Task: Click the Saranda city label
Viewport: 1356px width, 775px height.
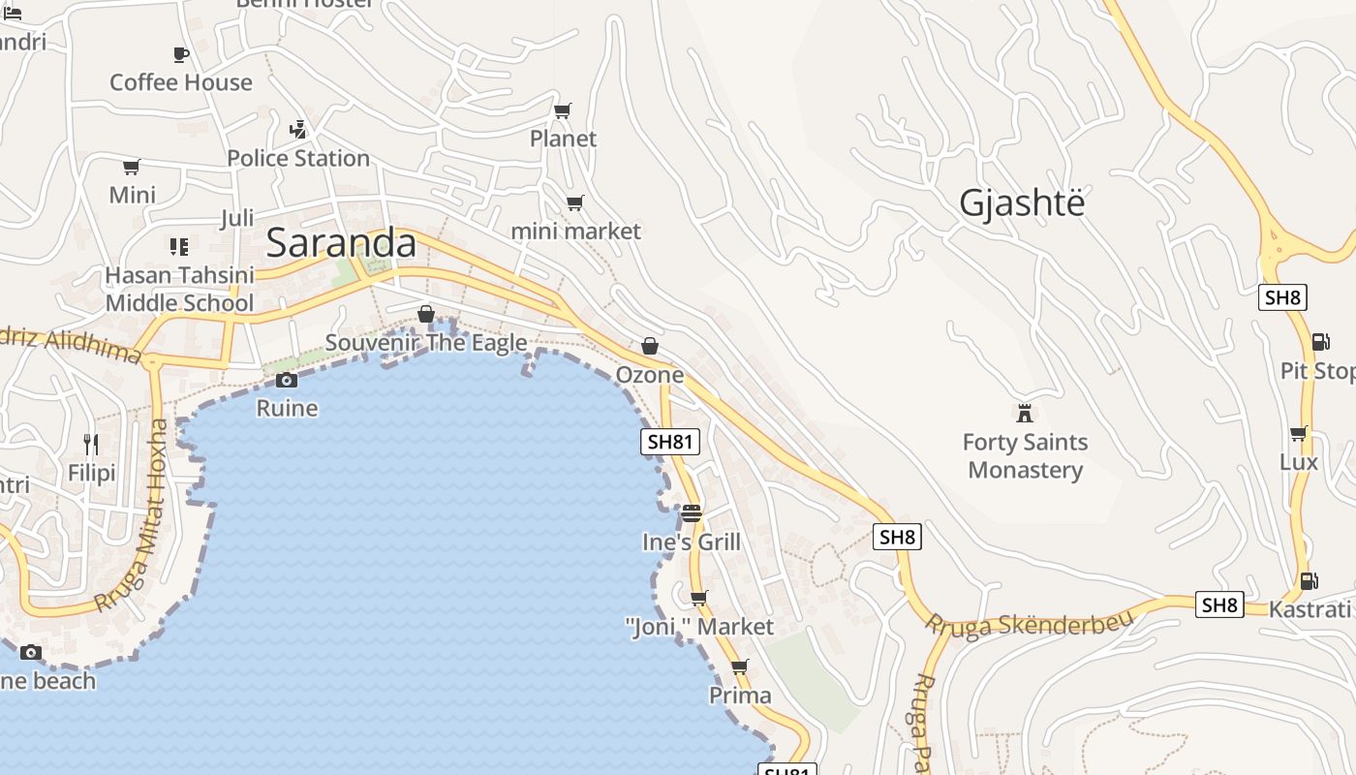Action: coord(341,242)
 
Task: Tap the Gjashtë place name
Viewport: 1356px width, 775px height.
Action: coord(1022,202)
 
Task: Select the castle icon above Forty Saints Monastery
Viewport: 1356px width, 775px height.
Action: coord(1025,414)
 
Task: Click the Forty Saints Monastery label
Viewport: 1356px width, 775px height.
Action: coord(1025,456)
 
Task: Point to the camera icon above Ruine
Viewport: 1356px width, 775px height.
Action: coord(286,380)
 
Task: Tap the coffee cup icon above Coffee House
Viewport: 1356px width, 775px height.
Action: coord(181,54)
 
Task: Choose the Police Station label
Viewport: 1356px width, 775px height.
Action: coord(298,158)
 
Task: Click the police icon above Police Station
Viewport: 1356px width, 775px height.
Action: coord(298,129)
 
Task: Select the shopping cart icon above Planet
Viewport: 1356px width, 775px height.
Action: coord(563,110)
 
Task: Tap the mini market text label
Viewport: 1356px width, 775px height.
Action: coord(575,232)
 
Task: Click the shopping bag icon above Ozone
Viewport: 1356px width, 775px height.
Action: coord(650,346)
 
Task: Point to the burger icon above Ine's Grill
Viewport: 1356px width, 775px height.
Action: coord(691,512)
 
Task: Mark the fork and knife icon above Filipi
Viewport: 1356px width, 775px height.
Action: coord(91,445)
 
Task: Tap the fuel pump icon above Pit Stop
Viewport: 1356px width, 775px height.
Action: coord(1320,341)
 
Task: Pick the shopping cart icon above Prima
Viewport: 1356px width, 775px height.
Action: coord(740,666)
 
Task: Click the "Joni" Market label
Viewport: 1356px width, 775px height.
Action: coord(699,627)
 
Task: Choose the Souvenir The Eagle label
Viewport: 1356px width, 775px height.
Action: coord(426,343)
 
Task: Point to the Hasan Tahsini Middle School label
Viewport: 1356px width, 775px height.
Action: coord(179,289)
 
